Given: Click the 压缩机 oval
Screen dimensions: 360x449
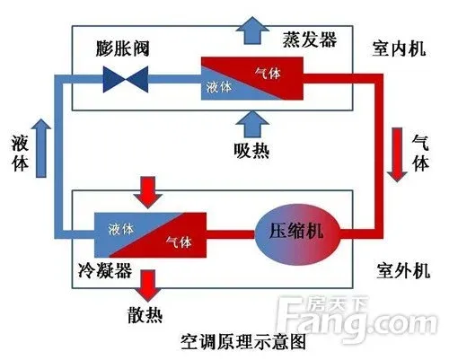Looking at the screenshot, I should click(303, 232).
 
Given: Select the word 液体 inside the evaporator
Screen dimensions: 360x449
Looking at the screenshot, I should click(220, 88).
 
